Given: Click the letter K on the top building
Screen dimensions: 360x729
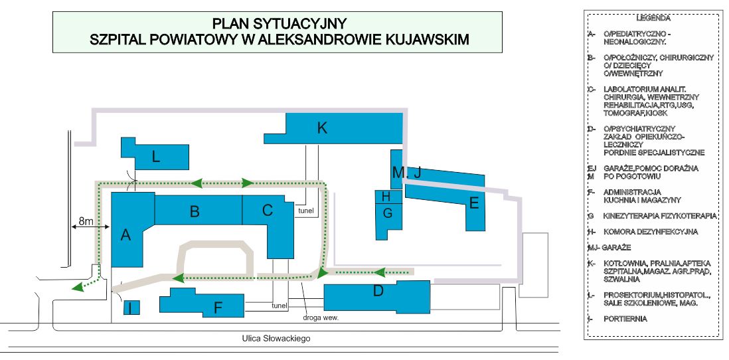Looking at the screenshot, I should [322, 128].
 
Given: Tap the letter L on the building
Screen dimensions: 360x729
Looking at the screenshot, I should [156, 157].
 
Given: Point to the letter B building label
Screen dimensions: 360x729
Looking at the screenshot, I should [195, 212].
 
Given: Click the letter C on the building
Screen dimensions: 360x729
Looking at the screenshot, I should [268, 211].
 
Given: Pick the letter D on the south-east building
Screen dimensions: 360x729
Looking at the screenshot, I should [378, 292].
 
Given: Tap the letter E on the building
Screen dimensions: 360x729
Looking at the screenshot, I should [474, 203].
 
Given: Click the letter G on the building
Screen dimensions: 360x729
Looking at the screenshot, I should [388, 213].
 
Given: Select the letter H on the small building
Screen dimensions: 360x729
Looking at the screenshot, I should [386, 197].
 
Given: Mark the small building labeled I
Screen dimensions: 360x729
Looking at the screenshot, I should [131, 308].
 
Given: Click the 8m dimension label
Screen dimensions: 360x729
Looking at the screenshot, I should [86, 220].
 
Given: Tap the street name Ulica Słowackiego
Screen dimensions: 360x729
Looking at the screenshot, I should [276, 338].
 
